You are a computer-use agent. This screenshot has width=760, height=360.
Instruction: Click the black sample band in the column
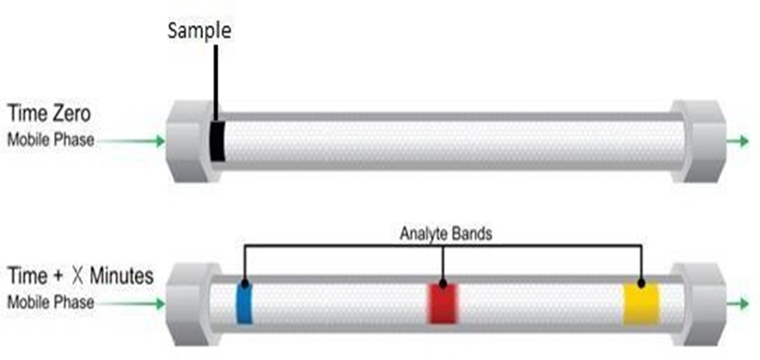point(217,141)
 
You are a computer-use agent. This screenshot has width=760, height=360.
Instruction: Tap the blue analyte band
point(244,303)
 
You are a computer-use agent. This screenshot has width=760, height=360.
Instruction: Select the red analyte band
point(443,303)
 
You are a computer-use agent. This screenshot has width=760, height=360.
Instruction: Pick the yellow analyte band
point(642,303)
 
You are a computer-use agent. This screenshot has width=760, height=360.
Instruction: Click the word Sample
point(200,31)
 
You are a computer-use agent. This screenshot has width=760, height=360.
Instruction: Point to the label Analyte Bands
point(446,234)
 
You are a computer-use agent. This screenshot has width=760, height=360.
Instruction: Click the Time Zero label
point(49,115)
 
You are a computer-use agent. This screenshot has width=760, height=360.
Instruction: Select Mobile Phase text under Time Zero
point(51,141)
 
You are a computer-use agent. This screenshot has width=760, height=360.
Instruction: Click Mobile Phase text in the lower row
point(51,302)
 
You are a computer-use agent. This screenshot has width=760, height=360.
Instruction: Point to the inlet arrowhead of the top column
point(161,141)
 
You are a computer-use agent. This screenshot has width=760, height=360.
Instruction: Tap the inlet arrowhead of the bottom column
point(161,304)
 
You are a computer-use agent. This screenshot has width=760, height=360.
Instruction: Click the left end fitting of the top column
point(191,141)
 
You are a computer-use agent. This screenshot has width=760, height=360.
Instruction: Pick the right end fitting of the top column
point(698,141)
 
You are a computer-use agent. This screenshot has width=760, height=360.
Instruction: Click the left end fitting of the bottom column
point(190,304)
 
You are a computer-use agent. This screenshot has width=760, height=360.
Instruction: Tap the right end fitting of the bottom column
point(698,304)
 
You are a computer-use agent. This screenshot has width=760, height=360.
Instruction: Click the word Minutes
point(121,276)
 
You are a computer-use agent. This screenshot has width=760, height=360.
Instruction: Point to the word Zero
point(71,115)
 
